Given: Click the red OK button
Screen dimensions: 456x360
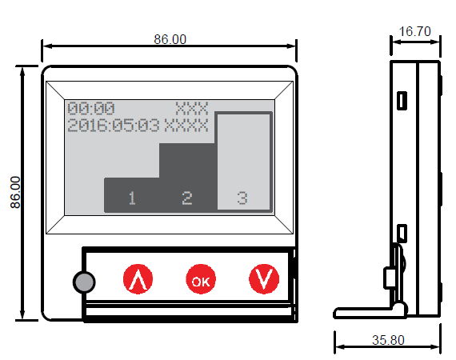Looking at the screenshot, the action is [x=201, y=279].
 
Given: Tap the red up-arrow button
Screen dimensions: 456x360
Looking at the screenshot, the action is [x=138, y=279].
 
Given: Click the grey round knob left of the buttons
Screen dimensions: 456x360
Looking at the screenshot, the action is [x=84, y=282].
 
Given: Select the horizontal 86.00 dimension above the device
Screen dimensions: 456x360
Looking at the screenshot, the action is [x=170, y=39].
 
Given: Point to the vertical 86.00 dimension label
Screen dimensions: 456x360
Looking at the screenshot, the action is [x=15, y=192].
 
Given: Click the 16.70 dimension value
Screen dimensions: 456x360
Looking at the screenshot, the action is [x=414, y=31].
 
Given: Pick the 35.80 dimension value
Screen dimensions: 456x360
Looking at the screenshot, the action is [x=388, y=340].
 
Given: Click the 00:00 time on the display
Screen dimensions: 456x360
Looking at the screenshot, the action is [x=91, y=109].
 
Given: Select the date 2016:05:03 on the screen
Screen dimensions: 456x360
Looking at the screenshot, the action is [x=114, y=126].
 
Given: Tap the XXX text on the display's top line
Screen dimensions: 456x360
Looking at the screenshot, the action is [x=192, y=109].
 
